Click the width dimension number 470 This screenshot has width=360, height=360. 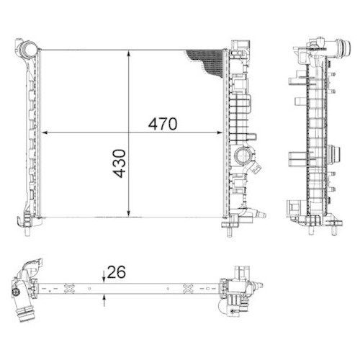click(163, 124)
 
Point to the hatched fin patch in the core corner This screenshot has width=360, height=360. click(209, 60)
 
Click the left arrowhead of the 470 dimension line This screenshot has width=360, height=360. click(46, 133)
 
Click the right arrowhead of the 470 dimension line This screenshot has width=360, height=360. click(221, 133)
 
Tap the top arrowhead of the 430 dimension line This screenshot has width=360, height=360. click(129, 53)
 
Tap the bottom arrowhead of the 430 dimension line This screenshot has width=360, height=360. click(129, 213)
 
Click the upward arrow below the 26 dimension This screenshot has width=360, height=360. click(104, 297)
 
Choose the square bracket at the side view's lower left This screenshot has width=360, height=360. click(295, 210)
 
